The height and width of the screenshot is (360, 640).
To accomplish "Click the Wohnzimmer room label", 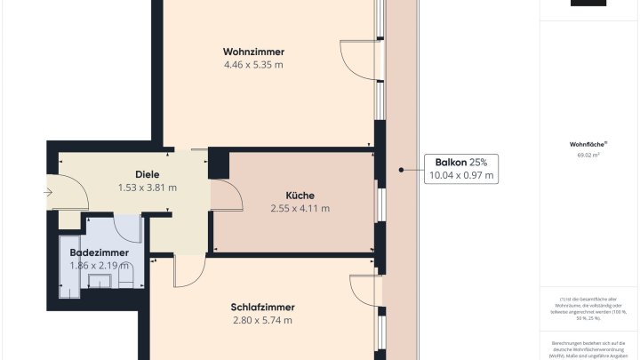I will click(254, 51).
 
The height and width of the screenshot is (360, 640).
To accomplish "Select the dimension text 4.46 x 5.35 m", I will click(254, 64).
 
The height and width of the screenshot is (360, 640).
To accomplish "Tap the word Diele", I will click(148, 174).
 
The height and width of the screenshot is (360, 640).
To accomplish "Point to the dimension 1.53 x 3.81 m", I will click(148, 188).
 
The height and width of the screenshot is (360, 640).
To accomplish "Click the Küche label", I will click(300, 196).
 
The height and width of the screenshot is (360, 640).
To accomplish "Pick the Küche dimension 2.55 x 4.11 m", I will click(300, 209).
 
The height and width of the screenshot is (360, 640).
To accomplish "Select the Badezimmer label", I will click(100, 252).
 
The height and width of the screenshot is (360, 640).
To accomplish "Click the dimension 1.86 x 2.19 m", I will click(100, 265).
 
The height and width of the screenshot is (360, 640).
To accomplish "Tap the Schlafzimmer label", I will click(262, 307).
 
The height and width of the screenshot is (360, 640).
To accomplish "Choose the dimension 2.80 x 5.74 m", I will click(262, 320).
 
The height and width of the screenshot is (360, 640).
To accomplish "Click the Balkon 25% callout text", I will click(461, 162).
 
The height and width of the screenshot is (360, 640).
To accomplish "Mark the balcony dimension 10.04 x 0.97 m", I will click(461, 176).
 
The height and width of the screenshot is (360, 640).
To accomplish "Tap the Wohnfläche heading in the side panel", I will click(588, 143).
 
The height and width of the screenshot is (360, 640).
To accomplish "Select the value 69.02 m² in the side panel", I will click(588, 155).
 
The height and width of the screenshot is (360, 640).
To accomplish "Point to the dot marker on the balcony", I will click(402, 169).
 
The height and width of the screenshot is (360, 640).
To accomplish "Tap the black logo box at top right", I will click(588, 3).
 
